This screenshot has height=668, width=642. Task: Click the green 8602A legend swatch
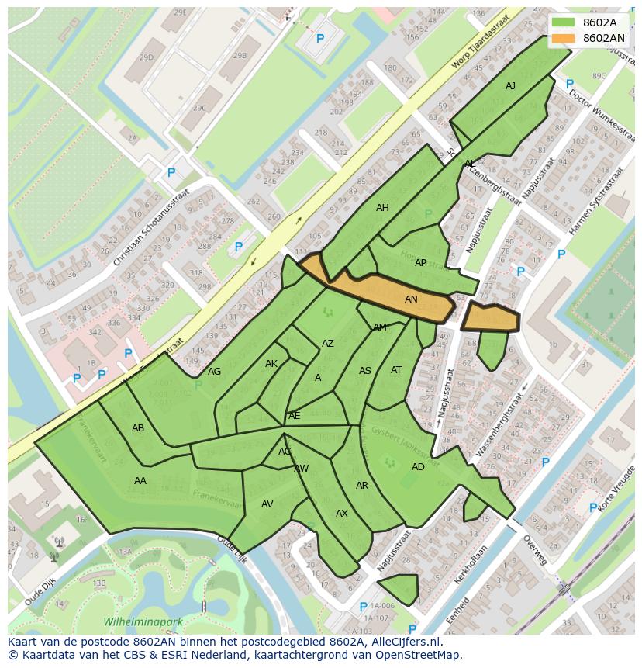point(564,22)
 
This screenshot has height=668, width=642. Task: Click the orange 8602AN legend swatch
point(564,38)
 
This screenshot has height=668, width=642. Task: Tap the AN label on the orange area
point(412,299)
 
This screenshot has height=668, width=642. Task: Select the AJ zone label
point(510,86)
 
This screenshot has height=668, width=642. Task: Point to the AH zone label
point(382,208)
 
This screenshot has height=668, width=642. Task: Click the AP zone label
point(420,263)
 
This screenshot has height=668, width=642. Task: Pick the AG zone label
point(214,372)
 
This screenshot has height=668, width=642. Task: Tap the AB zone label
point(138,428)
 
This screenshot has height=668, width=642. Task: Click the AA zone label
point(140,481)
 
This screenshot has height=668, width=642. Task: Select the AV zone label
point(267,504)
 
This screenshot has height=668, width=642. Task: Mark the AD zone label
point(418,467)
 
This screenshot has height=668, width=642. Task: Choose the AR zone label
point(362,486)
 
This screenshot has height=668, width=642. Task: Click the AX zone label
point(342,514)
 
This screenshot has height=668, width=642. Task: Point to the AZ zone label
point(328,344)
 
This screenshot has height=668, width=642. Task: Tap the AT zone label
point(396,370)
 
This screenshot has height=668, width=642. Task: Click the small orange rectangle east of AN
point(490,317)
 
